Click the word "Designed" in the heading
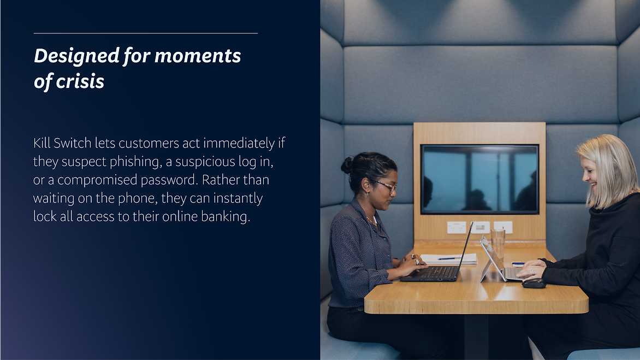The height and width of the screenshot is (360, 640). coord(77,56)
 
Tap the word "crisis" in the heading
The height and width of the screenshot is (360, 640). coord(80,81)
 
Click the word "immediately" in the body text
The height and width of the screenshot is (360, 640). coord(239,144)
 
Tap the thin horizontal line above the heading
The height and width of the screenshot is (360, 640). coord(146,33)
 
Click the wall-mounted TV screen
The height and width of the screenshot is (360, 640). coord(479,179)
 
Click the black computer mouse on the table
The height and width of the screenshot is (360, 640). coord(534,284)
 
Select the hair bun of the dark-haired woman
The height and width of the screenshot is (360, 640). coord(347,166)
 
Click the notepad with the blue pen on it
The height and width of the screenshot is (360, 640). coord(448,259)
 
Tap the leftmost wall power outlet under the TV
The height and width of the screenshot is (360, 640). coord(457,227)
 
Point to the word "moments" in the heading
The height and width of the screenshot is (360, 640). coord(198,56)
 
